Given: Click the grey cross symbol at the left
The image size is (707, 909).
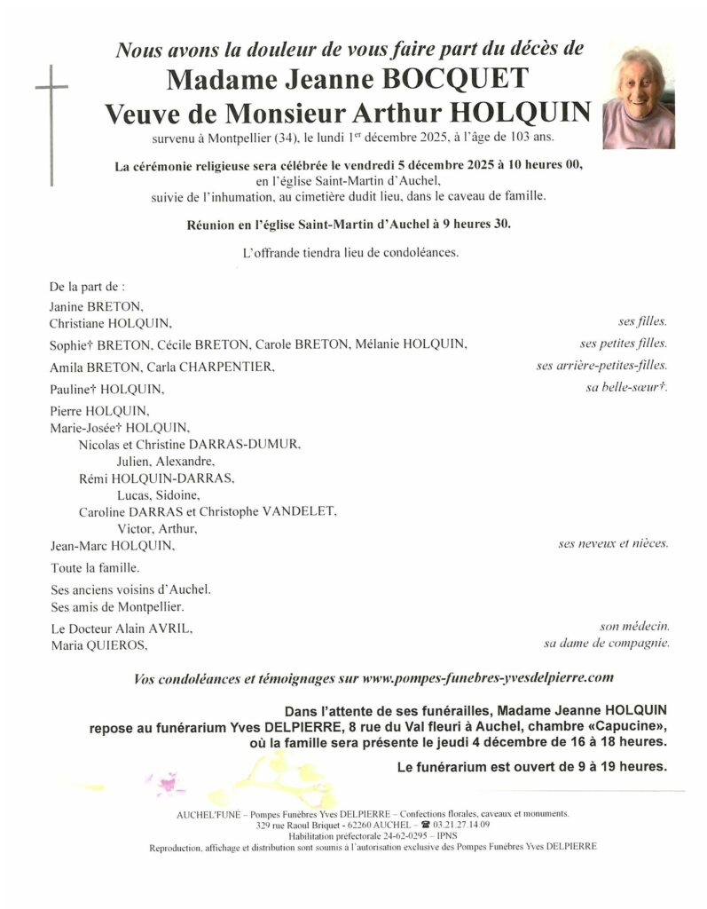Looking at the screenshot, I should point(52,124).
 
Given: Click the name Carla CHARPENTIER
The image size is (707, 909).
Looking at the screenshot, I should point(211,367).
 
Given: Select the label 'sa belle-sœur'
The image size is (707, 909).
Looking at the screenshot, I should point(626,388).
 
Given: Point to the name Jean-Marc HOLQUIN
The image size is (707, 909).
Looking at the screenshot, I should point(111,545).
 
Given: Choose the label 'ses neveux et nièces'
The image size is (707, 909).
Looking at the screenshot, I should point(613,543).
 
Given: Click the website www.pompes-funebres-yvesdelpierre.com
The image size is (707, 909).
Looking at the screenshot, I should point(488,678).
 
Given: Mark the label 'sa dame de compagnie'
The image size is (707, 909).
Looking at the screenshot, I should point(606,644).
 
